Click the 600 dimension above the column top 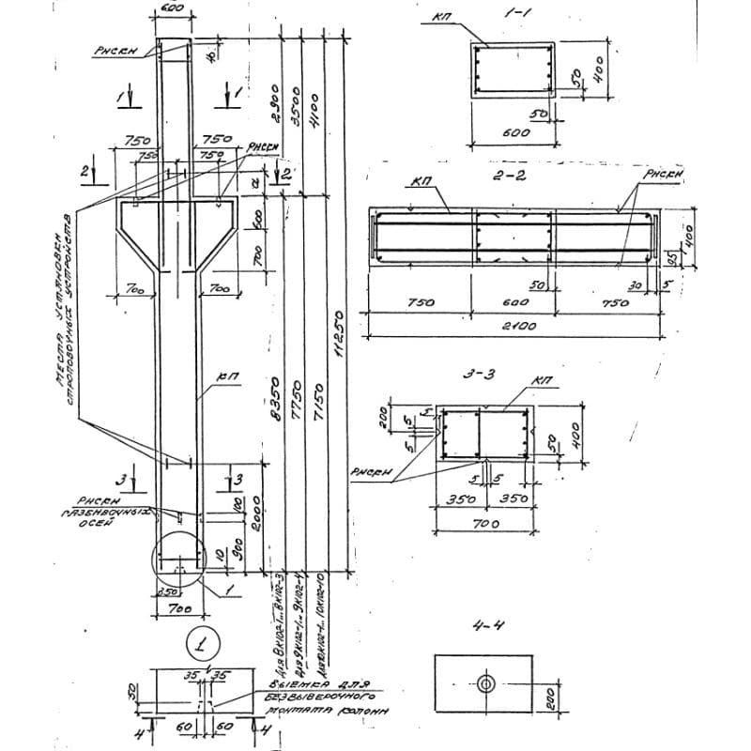[173, 8]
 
